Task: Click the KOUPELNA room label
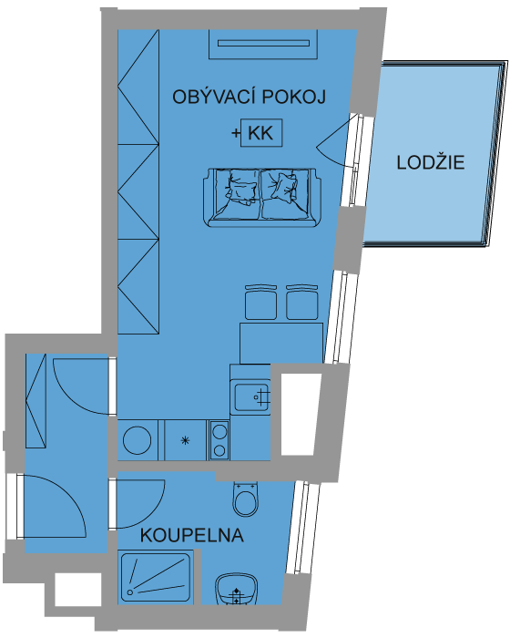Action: (x=191, y=535)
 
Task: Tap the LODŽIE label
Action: (x=430, y=162)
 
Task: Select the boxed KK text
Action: (x=261, y=133)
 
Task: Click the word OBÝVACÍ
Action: (x=214, y=97)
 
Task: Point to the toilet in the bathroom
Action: (x=246, y=499)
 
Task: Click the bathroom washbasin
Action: (x=236, y=589)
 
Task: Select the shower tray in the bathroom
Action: (x=156, y=577)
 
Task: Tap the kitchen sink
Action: (x=252, y=396)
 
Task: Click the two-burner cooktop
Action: (x=219, y=440)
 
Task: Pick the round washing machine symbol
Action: (x=138, y=440)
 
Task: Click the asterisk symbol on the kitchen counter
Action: (x=185, y=440)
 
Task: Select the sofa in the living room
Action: (x=262, y=198)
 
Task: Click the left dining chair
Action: (x=261, y=302)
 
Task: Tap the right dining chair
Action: (x=302, y=302)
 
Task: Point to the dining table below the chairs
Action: (x=281, y=343)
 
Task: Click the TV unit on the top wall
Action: (x=263, y=44)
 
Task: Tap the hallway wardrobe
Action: (x=36, y=401)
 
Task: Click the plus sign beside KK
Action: (x=236, y=133)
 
